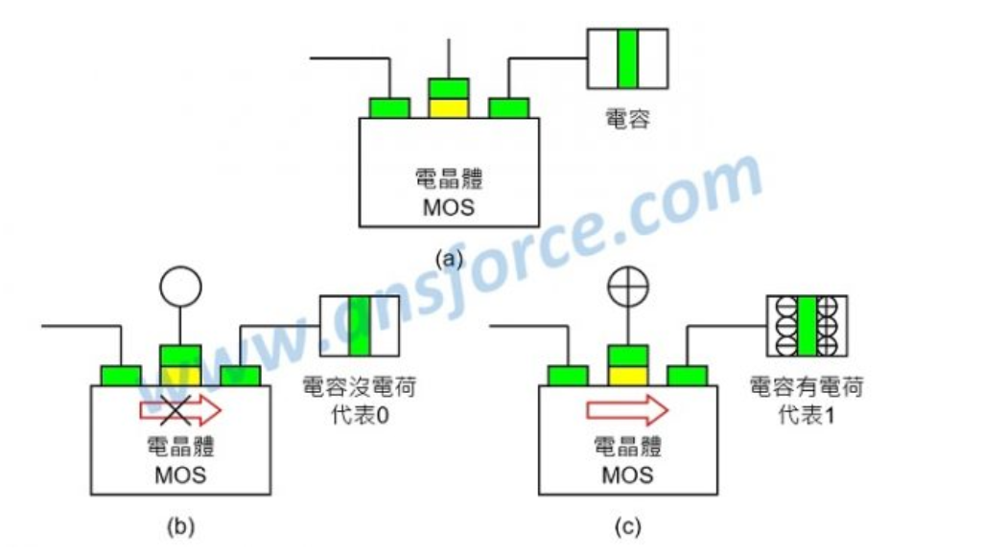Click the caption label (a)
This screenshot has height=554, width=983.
(x=449, y=258)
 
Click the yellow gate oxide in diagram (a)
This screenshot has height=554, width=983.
(x=448, y=107)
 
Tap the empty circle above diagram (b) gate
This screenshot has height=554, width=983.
(x=180, y=286)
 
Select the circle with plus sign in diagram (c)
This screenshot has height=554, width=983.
(x=628, y=286)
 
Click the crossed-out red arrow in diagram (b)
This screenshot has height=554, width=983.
(x=180, y=410)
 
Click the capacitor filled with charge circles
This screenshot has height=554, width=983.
(x=806, y=327)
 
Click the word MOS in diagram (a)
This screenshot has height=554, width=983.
(x=448, y=206)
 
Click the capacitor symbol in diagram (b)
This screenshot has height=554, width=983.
(x=359, y=327)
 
